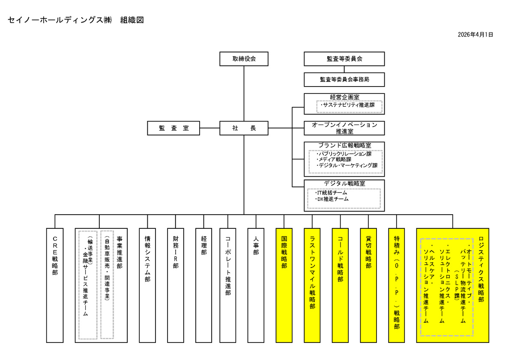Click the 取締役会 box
[x=244, y=59]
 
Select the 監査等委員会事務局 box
[x=344, y=80]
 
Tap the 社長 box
[x=244, y=128]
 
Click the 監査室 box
[x=173, y=128]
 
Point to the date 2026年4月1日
[x=475, y=35]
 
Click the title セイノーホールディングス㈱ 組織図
[x=75, y=20]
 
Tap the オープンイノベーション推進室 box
[x=344, y=128]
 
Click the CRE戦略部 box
[x=55, y=285]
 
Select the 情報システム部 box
[x=147, y=285]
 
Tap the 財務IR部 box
[x=176, y=285]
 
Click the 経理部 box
[x=203, y=285]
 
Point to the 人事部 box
[x=256, y=285]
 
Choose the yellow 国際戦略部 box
[x=284, y=285]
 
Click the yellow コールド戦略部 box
[x=340, y=285]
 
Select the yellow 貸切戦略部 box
[x=368, y=285]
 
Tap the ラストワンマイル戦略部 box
[x=312, y=285]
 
